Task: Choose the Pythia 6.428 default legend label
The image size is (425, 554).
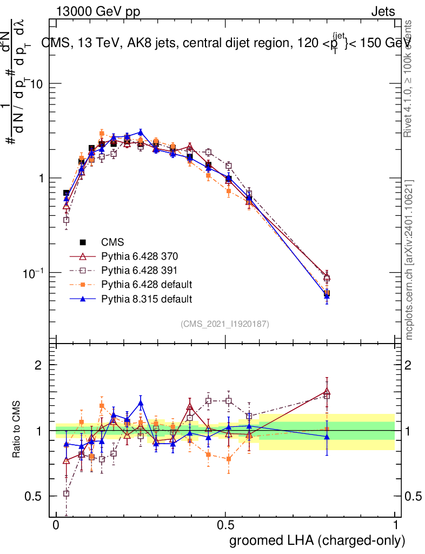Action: (146, 285)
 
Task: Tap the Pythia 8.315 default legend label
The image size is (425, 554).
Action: (146, 299)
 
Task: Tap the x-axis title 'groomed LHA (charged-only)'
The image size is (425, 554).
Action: (317, 540)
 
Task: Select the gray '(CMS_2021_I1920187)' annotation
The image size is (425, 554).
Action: (225, 324)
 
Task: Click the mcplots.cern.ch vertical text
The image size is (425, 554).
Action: (409, 260)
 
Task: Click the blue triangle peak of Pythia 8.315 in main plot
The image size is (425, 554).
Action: (141, 132)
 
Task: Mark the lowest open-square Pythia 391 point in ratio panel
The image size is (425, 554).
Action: (66, 493)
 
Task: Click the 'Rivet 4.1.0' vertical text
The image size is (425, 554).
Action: (409, 78)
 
